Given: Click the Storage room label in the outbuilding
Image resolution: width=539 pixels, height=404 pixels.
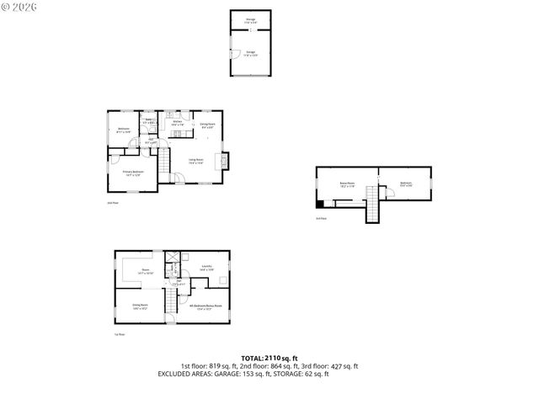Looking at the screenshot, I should (250, 20).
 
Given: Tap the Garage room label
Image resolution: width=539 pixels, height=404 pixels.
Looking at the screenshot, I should (250, 52).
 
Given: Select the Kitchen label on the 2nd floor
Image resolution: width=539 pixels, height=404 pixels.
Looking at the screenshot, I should (178, 123).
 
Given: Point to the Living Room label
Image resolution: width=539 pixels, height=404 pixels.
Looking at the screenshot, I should (195, 161).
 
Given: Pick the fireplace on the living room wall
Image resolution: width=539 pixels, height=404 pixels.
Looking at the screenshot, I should (224, 159).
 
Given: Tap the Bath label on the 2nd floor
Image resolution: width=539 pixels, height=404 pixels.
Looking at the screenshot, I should (147, 120).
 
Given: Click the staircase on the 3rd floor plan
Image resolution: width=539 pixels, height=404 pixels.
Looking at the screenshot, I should (372, 205).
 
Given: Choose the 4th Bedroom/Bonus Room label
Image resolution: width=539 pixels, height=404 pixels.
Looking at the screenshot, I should (205, 307).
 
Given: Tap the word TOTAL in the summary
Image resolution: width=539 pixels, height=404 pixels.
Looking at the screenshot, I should (252, 358).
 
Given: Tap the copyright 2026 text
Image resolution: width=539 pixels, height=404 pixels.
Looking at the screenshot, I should (21, 7).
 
